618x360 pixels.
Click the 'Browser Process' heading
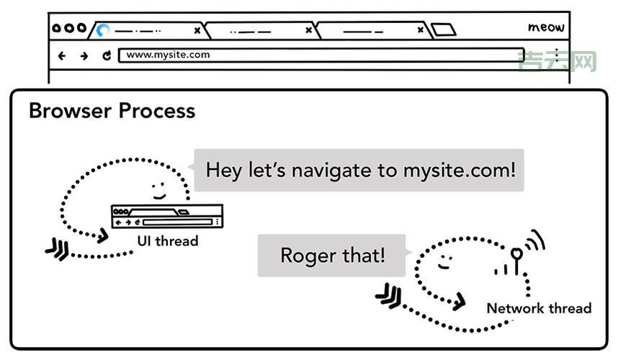click(112, 111)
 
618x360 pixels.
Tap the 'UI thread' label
click(167, 241)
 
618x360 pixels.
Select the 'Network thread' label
click(539, 308)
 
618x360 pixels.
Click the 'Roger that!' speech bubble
click(332, 256)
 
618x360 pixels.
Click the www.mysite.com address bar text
click(168, 55)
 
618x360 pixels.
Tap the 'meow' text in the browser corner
click(546, 28)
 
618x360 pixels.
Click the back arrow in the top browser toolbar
click(62, 55)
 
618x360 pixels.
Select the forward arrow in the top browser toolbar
click(84, 55)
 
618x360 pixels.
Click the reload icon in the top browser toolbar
click(107, 55)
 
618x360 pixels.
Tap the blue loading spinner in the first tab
click(103, 31)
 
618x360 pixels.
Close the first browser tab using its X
click(197, 31)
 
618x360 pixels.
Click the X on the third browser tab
click(421, 31)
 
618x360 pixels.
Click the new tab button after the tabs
click(444, 30)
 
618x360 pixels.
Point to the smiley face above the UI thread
click(158, 190)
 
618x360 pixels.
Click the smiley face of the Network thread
click(444, 260)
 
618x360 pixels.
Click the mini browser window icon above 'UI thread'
click(166, 215)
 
